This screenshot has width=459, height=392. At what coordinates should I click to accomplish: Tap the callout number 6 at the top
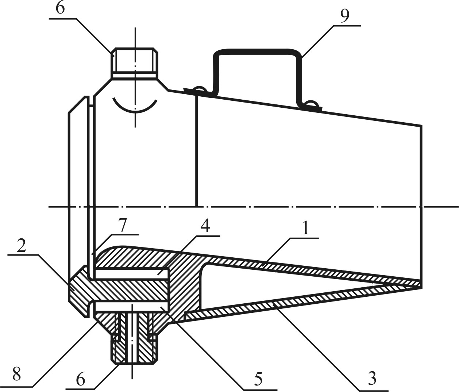(60, 9)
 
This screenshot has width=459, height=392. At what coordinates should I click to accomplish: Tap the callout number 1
(306, 228)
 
